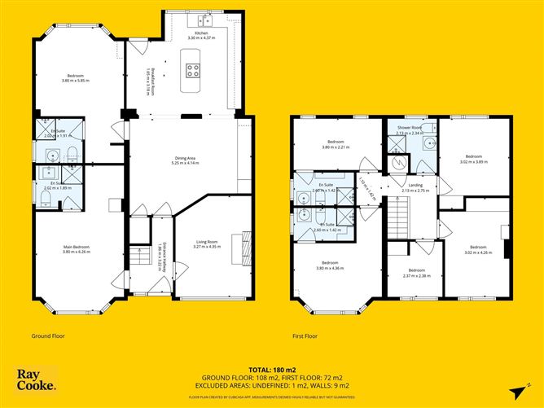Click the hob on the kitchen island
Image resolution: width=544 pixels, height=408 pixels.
tap(194, 70)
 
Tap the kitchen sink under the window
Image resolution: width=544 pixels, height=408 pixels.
tap(205, 22)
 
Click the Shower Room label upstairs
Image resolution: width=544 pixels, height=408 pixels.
tap(409, 128)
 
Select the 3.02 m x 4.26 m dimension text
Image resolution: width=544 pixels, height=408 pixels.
tap(477, 252)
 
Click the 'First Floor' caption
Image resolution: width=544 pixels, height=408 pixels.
tap(306, 335)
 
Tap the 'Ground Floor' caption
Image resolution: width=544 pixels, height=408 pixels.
tap(48, 335)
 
